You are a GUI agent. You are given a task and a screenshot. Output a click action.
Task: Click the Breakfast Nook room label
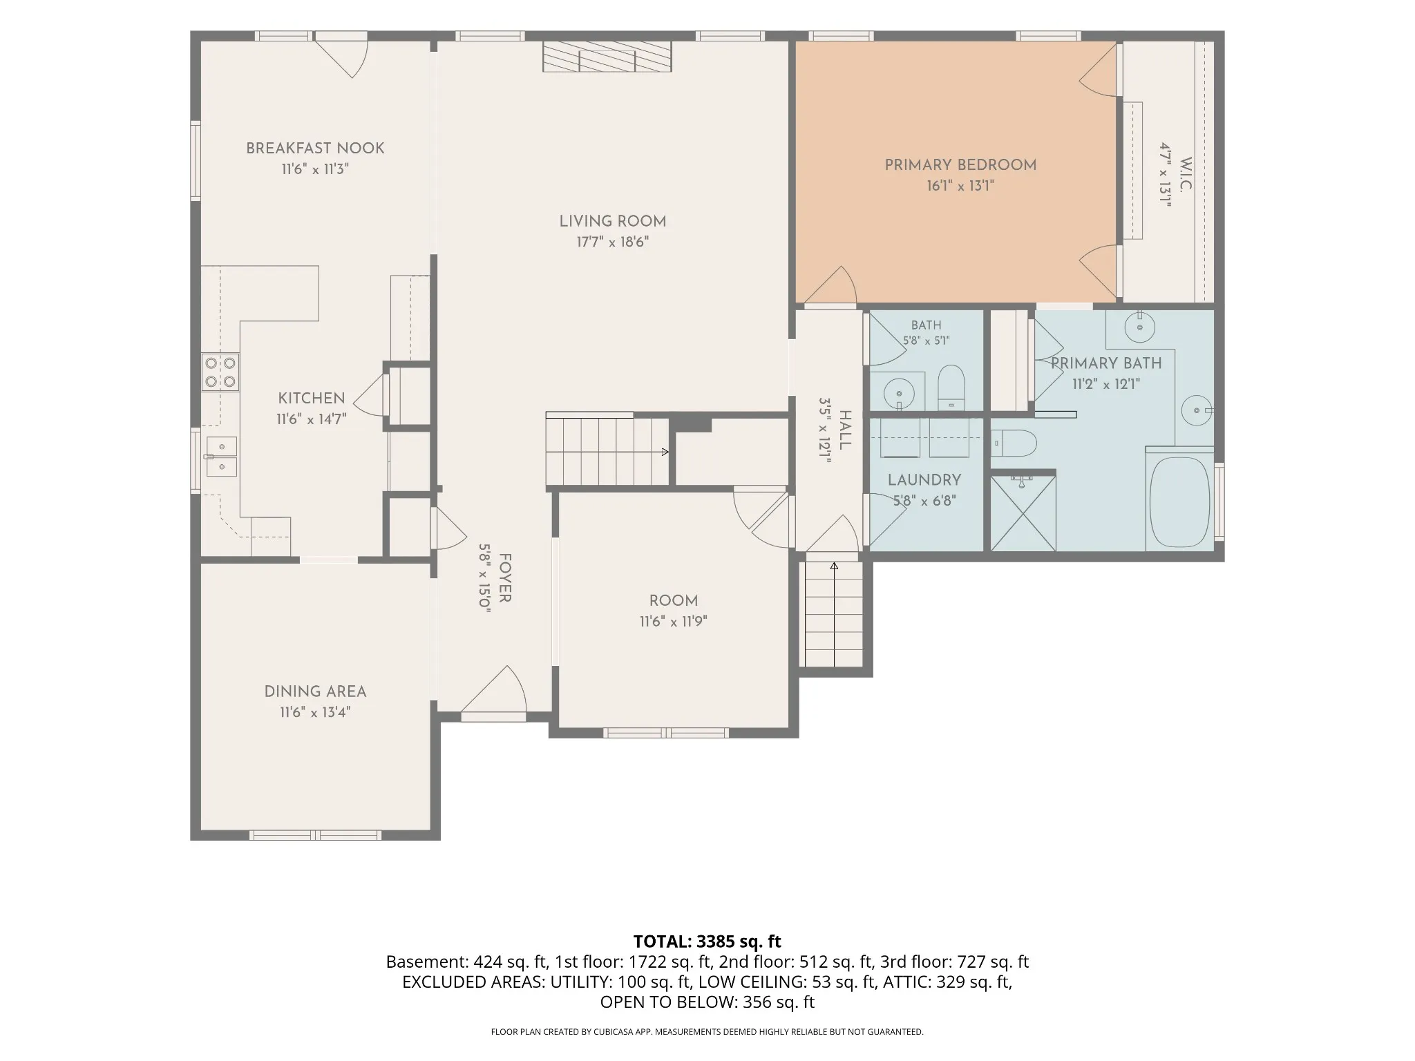[315, 148]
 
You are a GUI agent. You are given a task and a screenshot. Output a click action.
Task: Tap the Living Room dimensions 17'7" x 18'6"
[613, 242]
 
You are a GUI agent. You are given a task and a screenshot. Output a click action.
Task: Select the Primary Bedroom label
[960, 165]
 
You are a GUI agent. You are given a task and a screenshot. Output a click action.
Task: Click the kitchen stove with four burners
[220, 372]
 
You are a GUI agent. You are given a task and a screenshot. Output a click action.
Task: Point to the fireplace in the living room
[607, 56]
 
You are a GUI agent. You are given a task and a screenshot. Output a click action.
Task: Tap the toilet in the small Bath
[951, 388]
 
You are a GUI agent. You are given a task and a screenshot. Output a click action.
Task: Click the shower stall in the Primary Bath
[1023, 512]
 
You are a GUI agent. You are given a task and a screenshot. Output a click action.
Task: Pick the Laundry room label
[924, 480]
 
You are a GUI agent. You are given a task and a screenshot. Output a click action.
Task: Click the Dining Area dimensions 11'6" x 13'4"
[315, 712]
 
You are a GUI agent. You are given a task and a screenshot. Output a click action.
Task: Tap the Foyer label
[505, 577]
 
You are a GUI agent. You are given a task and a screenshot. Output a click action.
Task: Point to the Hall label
[845, 430]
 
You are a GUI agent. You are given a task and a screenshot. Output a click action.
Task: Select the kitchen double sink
[221, 457]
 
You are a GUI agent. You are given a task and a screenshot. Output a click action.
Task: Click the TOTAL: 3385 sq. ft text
[707, 941]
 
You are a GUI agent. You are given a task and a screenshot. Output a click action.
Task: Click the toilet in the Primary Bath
[1014, 443]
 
